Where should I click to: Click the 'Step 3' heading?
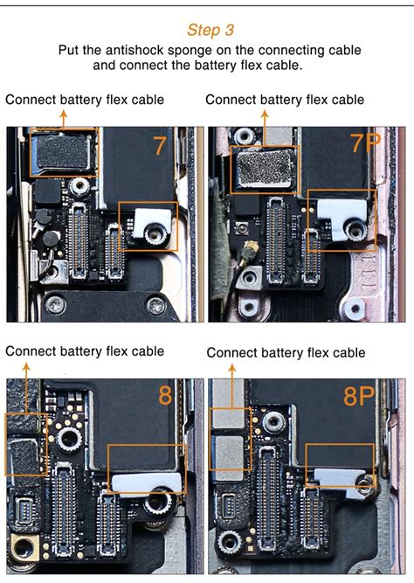pos(210,30)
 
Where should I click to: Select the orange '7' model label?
pos(160,146)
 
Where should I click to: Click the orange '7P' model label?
pos(366,142)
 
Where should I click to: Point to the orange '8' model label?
pos(165,395)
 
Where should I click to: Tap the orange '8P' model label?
pos(359,396)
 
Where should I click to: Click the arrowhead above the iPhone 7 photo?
pos(64,113)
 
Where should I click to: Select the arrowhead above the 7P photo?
pos(265,114)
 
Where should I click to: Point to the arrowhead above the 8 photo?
pos(26,367)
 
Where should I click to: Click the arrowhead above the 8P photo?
pos(232,368)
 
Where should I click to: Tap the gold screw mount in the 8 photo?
pos(23,548)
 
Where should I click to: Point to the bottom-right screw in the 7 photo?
pos(157,306)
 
